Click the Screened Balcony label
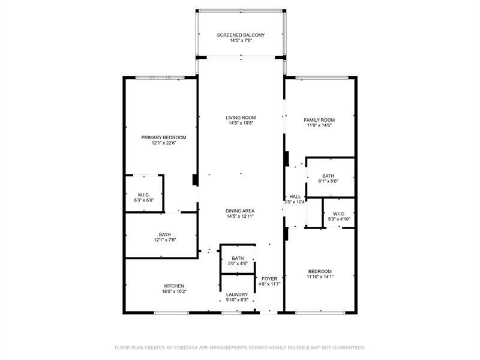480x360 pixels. tap(241, 35)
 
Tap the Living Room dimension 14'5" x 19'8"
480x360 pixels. tap(241, 124)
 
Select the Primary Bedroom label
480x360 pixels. tap(164, 137)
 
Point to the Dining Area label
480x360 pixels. tap(241, 211)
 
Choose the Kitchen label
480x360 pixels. tap(174, 286)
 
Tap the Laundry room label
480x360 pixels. tap(238, 295)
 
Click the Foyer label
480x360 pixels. tap(269, 278)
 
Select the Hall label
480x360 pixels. tap(295, 196)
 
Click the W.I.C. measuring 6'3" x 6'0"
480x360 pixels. tap(143, 194)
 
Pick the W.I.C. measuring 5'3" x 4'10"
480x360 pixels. tap(339, 214)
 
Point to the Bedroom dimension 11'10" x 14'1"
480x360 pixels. tap(319, 277)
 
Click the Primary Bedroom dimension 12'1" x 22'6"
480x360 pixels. tap(164, 143)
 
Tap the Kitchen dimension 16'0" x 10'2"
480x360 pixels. tap(174, 291)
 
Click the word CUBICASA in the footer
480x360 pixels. tap(184, 347)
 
